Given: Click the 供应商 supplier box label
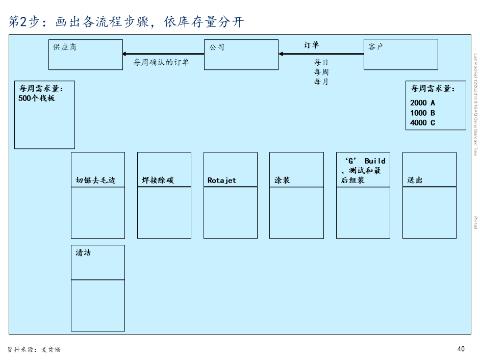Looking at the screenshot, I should point(65,47).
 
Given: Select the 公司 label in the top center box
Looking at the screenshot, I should point(216,47).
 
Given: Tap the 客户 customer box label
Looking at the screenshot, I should point(375,47).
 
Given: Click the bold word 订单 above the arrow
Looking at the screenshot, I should point(311,45).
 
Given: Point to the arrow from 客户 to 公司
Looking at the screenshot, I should point(321,54).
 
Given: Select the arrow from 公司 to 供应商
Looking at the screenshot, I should point(163,54).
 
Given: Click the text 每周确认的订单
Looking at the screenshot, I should point(161,62).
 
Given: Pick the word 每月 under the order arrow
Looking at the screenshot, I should point(321,82).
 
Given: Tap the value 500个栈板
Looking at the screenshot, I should point(37,98).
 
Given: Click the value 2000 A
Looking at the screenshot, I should point(422,102).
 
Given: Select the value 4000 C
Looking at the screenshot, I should point(422,122).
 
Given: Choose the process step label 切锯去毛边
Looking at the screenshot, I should point(95,180).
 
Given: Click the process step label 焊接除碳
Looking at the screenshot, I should point(158,180).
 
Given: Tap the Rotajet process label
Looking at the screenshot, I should point(222,180).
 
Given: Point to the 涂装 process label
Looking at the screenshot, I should point(282,180).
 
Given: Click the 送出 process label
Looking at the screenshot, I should point(415,180).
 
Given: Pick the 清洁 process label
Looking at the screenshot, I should point(83,252).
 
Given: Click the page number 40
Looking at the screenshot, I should point(461,349).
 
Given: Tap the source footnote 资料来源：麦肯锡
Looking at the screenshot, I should point(34,349).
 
